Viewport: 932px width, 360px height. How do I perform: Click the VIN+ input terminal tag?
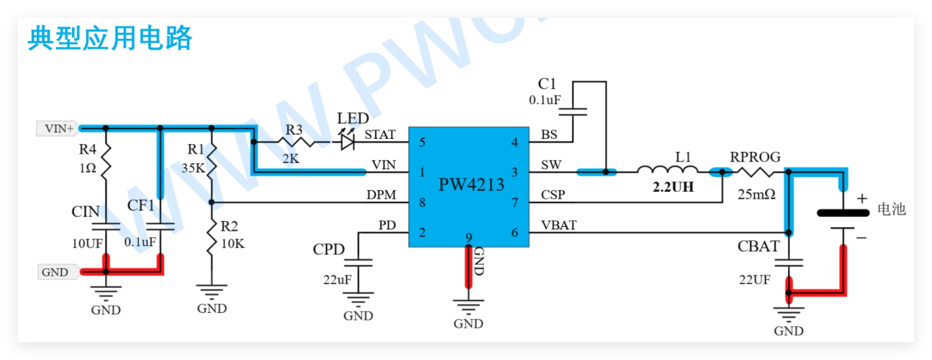(57, 128)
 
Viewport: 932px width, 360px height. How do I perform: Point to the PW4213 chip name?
(471, 184)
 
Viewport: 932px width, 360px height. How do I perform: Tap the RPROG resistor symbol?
(755, 172)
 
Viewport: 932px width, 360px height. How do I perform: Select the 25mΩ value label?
(755, 195)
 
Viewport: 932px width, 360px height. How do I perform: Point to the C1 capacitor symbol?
(573, 112)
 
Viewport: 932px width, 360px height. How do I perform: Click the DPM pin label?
(381, 196)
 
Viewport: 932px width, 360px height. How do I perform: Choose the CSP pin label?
(553, 195)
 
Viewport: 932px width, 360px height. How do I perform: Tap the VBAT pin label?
(559, 226)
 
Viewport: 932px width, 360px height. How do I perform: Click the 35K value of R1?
(193, 168)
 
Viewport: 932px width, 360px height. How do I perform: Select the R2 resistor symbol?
(212, 237)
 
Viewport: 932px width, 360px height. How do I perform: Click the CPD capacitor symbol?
(359, 262)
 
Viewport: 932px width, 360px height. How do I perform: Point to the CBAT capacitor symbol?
(789, 262)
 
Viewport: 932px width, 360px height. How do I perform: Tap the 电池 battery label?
(892, 209)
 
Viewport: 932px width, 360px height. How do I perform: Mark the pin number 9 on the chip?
(468, 237)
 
